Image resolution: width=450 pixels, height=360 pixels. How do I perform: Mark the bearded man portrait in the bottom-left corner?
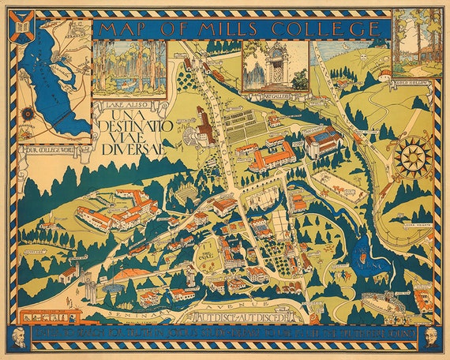coord(21,336)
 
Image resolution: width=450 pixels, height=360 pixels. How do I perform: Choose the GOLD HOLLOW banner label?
coord(411,81)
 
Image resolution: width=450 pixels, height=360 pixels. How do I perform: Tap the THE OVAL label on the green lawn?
coord(207,255)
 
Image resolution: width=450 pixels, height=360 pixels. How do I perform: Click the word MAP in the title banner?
coord(127,29)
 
